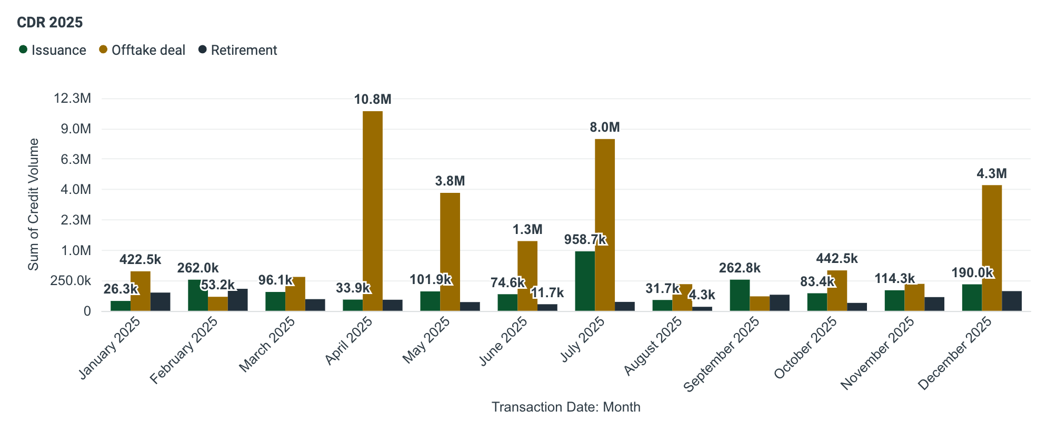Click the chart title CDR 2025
pyautogui.click(x=50, y=22)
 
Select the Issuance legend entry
pyautogui.click(x=53, y=50)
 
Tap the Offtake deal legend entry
pyautogui.click(x=142, y=50)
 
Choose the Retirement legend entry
pyautogui.click(x=238, y=50)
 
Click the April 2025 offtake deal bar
pyautogui.click(x=373, y=211)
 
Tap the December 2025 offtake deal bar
pyautogui.click(x=992, y=248)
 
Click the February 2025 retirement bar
pyautogui.click(x=238, y=300)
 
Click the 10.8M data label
pyautogui.click(x=373, y=99)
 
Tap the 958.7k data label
pyautogui.click(x=585, y=240)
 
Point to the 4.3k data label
pyautogui.click(x=702, y=295)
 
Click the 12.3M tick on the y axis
pyautogui.click(x=72, y=99)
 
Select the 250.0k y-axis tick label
pyautogui.click(x=71, y=281)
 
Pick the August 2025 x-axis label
pyautogui.click(x=653, y=346)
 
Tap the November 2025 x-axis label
pyautogui.click(x=877, y=353)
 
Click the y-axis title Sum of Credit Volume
pyautogui.click(x=34, y=204)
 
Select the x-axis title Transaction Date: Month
pyautogui.click(x=566, y=407)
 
